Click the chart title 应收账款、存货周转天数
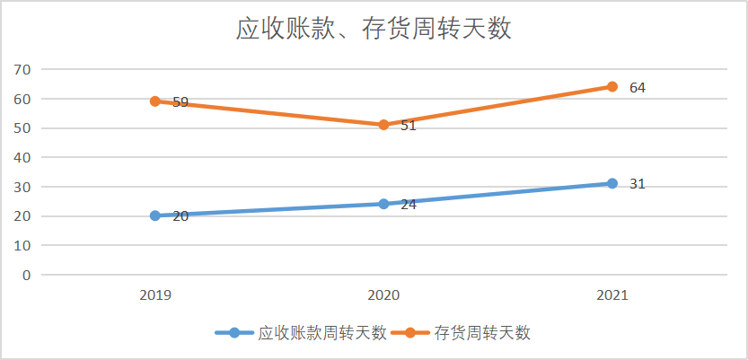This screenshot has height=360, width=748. pyautogui.click(x=373, y=29)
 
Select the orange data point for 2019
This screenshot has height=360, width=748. pyautogui.click(x=155, y=101)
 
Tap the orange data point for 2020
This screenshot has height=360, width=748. pyautogui.click(x=383, y=125)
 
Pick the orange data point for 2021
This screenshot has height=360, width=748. pyautogui.click(x=612, y=87)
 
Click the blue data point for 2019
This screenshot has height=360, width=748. pyautogui.click(x=155, y=215)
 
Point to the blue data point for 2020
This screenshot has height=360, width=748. pyautogui.click(x=383, y=204)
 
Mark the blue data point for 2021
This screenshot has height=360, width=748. pyautogui.click(x=612, y=183)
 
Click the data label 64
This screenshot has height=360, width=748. pyautogui.click(x=638, y=88)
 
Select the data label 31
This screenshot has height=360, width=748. pyautogui.click(x=638, y=184)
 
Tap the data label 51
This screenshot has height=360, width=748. pyautogui.click(x=409, y=126)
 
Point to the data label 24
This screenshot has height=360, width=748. pyautogui.click(x=409, y=205)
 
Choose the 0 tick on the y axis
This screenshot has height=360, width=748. pyautogui.click(x=27, y=275)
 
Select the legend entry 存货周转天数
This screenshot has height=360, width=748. pyautogui.click(x=482, y=333)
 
